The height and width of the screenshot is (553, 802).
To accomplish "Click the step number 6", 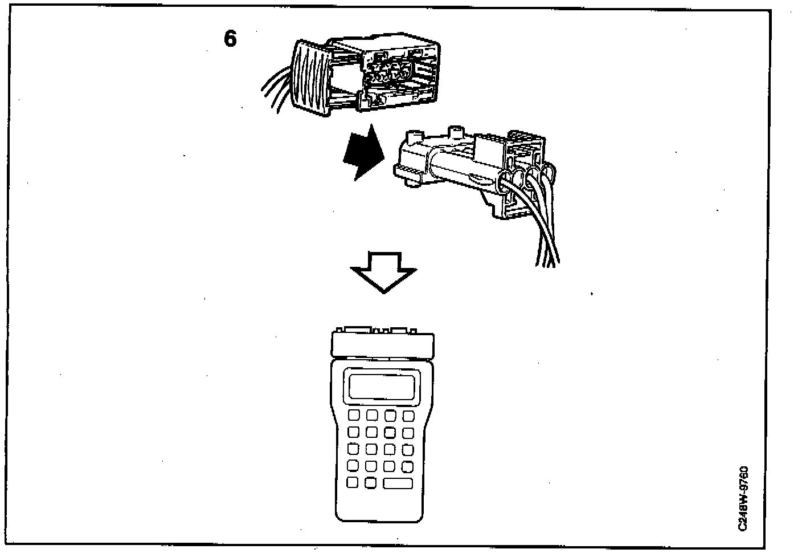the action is click(x=230, y=39).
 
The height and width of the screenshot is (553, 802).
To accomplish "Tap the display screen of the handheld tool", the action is click(x=382, y=386).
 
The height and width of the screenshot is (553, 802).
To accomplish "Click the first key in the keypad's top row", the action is click(x=353, y=415).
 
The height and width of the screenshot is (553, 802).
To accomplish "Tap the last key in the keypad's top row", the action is click(x=408, y=415).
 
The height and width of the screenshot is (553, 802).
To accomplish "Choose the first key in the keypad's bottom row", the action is click(x=353, y=482).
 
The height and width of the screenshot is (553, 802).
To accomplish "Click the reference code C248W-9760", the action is click(x=743, y=499).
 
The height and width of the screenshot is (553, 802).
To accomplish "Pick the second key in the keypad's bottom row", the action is click(x=371, y=482).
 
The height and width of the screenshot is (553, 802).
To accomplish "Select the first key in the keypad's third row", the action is click(x=353, y=449).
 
